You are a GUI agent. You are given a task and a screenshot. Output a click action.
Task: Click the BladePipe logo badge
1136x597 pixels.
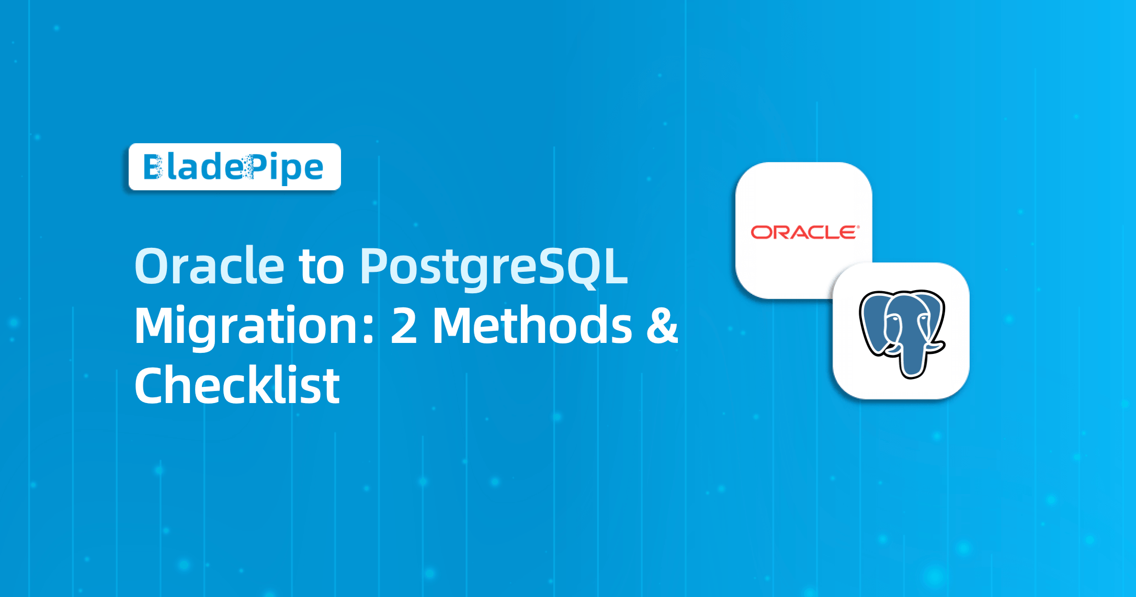(234, 167)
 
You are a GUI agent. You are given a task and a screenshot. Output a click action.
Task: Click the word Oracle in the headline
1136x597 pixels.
(209, 266)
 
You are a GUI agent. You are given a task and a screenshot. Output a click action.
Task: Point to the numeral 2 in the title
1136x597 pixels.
(404, 326)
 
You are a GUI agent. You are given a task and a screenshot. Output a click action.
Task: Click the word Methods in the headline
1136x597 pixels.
(532, 326)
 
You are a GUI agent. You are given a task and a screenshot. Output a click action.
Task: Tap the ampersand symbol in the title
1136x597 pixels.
(662, 326)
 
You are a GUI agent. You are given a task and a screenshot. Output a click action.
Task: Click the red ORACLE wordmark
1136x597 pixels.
(804, 232)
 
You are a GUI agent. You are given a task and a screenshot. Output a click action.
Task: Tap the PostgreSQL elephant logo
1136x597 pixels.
(902, 332)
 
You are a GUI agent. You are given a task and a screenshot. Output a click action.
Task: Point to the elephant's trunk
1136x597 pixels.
(911, 361)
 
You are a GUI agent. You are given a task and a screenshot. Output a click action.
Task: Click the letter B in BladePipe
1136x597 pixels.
(153, 167)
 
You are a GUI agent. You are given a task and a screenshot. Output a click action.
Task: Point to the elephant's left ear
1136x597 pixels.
(873, 324)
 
